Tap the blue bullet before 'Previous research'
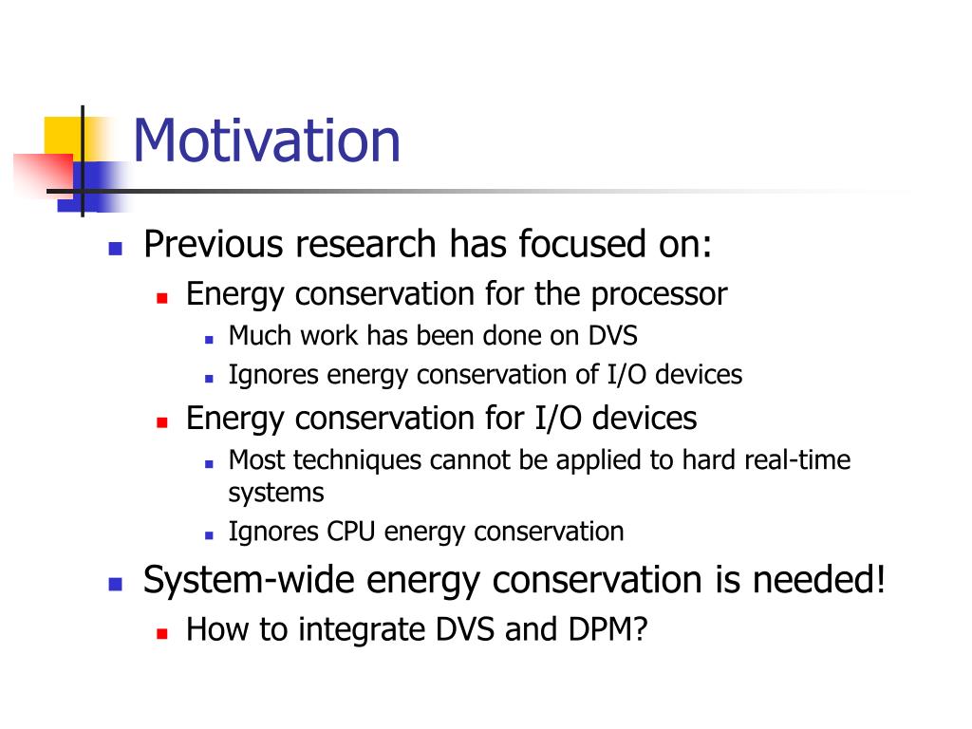point(115,249)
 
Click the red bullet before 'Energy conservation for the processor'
point(162,298)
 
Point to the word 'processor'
point(659,295)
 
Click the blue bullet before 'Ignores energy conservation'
point(209,378)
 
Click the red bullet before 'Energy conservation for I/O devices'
point(162,422)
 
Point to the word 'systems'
point(276,493)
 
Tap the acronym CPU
point(351,532)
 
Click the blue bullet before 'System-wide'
point(115,584)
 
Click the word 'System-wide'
point(250,581)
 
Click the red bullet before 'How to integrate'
point(162,633)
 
